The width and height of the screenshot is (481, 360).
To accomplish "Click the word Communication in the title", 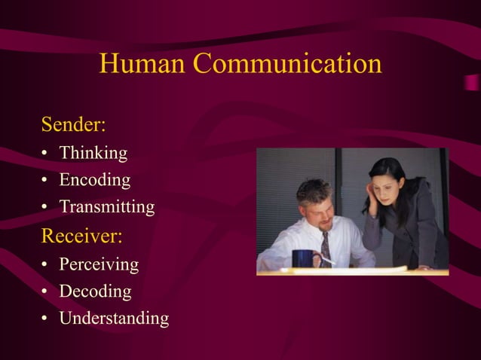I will pos(287,64).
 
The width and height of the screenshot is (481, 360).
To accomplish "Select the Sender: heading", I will pos(73,123).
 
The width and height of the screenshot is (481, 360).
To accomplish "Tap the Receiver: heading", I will pos(81,236).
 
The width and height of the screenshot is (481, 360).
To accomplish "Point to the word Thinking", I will pos(93,154).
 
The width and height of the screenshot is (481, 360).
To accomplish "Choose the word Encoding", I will pos(95,181).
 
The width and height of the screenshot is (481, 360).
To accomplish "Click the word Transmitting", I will pos(107,207).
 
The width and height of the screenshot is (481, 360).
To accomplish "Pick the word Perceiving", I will pos(99,264).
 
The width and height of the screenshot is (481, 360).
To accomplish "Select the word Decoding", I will pos(95,291).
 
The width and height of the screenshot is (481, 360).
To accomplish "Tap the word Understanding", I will pos(114,319).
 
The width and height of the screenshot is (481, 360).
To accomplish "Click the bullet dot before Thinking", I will pos(45,154).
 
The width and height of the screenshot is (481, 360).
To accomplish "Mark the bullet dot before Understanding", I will pos(45,319).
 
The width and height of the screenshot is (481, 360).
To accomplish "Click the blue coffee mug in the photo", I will pos(304,259).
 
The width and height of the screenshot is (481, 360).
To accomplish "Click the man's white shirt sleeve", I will pos(274,252).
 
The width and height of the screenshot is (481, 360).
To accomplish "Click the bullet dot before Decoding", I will pos(45,292).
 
